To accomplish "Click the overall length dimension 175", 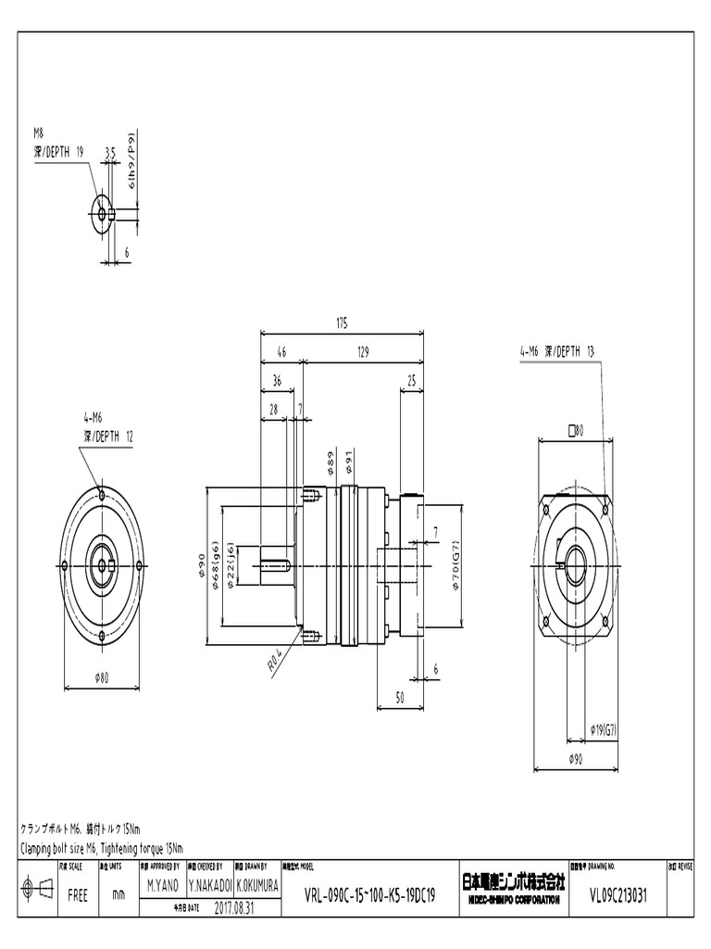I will pyautogui.click(x=342, y=323).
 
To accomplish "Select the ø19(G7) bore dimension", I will pyautogui.click(x=604, y=730).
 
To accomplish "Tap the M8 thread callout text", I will pyautogui.click(x=38, y=133).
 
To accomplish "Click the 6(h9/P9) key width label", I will pyautogui.click(x=133, y=158).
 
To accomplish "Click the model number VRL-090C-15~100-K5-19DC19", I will pyautogui.click(x=369, y=897).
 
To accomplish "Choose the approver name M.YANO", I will pyautogui.click(x=162, y=885).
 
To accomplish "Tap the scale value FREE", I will pyautogui.click(x=78, y=896).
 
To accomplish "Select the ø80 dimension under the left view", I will pyautogui.click(x=101, y=677).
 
